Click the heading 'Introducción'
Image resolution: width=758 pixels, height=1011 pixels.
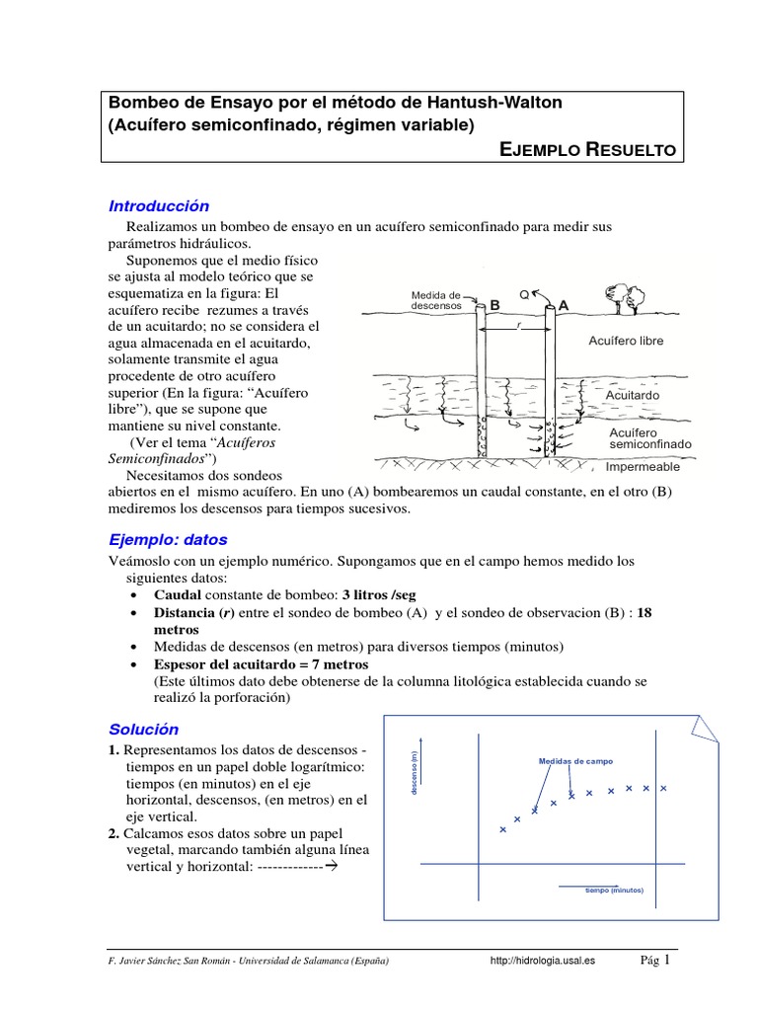point(159,206)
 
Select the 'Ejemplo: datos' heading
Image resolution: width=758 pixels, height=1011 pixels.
point(168,540)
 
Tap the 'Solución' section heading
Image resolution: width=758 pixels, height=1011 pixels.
point(144,730)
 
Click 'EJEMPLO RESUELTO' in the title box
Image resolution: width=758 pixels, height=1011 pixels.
point(588,149)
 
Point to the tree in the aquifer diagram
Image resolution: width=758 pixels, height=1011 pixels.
point(621,294)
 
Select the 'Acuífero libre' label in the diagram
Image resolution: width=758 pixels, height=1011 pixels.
point(626,341)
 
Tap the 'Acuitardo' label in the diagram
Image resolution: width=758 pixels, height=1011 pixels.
point(633,395)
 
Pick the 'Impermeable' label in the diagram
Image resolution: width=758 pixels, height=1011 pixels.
point(643,467)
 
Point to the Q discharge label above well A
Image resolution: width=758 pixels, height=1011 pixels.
point(524,293)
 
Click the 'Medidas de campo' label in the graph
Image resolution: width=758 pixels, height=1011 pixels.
point(575,761)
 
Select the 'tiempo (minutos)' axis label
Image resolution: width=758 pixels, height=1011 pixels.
point(613,890)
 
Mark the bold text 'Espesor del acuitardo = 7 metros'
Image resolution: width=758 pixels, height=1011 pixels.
point(262,664)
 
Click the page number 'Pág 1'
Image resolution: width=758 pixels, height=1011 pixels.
point(655,960)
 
